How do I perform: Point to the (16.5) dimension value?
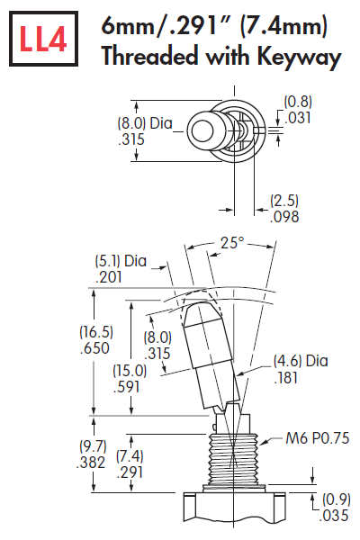point(69,331)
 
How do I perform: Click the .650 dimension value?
point(69,348)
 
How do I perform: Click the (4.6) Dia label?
point(301,362)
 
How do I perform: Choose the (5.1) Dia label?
point(121,261)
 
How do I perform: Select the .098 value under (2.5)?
point(284,217)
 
